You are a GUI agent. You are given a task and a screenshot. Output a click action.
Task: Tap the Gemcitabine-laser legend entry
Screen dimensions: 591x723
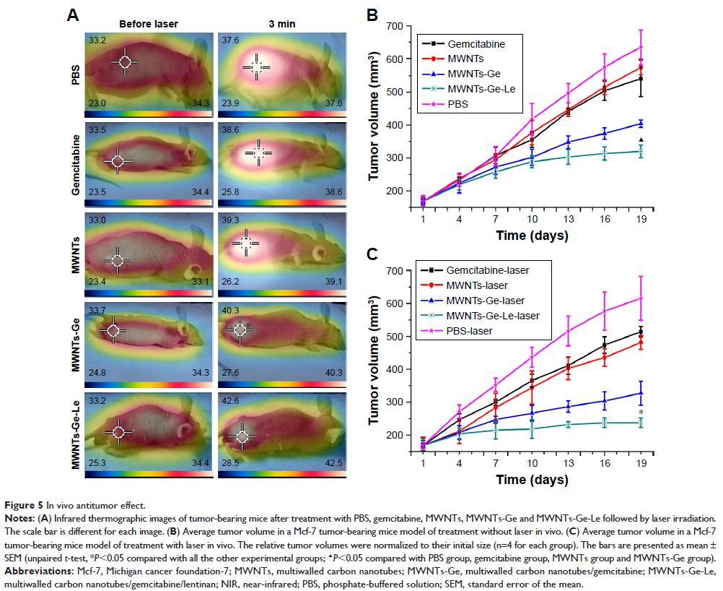point(487,270)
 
